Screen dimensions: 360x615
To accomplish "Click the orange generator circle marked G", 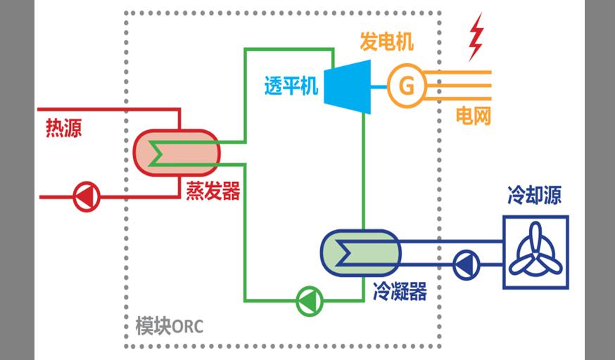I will (x=406, y=86).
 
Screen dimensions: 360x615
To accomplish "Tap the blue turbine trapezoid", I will (x=348, y=86).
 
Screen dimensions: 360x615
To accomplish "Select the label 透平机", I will (x=291, y=86).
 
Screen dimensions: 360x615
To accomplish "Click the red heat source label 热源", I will (x=63, y=129).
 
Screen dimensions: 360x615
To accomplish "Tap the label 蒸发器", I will (x=213, y=191).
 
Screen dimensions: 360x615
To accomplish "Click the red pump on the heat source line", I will (x=87, y=197).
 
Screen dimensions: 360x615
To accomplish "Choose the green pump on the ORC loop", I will (x=307, y=300).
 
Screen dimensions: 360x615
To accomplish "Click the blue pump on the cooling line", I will (x=464, y=265).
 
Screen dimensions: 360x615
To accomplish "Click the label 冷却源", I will (x=534, y=195).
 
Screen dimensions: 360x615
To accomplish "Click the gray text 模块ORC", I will (x=170, y=327).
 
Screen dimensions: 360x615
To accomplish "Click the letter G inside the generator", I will (x=406, y=86).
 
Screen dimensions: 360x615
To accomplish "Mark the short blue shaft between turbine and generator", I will (x=379, y=86).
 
